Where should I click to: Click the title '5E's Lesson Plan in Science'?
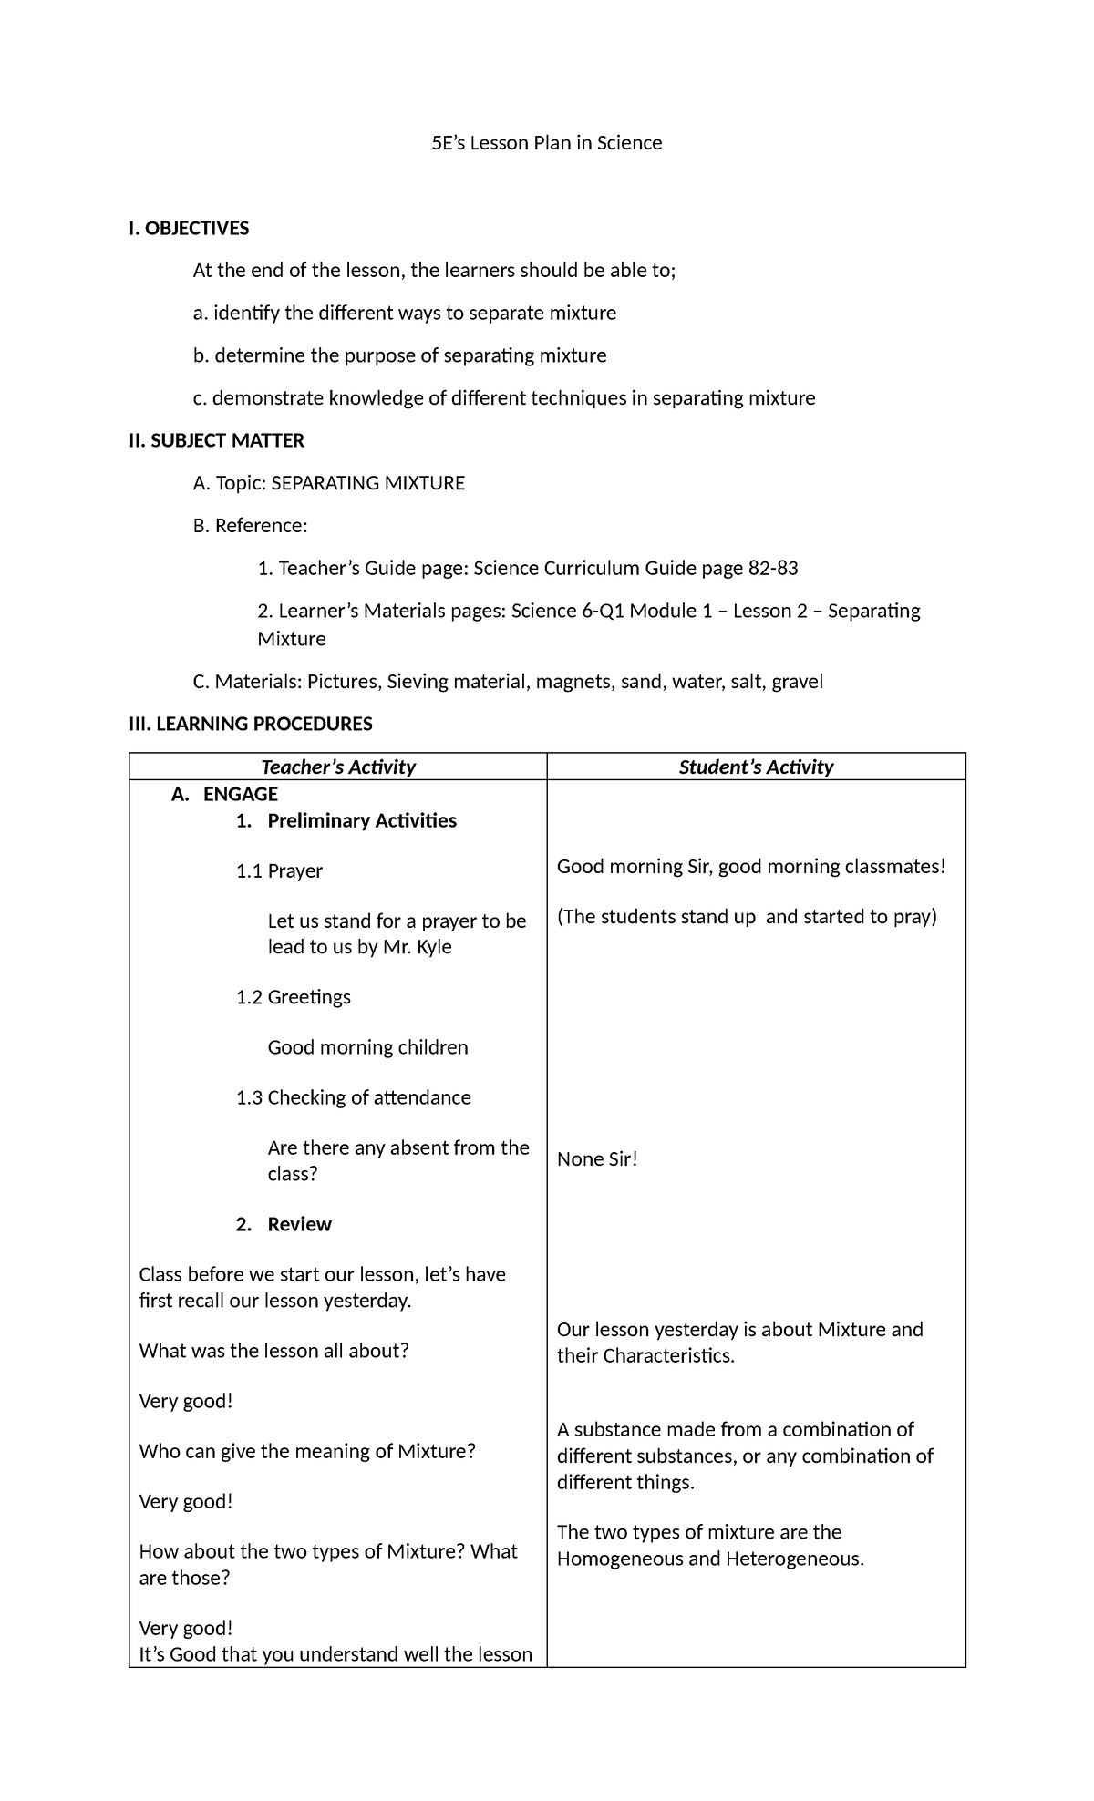[546, 143]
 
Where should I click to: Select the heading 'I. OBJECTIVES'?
[189, 229]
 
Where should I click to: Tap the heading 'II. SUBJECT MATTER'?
[216, 441]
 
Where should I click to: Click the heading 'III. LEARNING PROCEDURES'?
[251, 725]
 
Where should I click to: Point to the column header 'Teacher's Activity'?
[338, 767]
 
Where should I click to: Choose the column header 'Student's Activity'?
[756, 767]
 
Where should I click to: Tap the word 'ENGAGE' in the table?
[240, 794]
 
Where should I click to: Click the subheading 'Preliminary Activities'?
[362, 820]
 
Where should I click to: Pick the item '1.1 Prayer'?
[279, 870]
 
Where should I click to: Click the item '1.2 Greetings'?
[293, 997]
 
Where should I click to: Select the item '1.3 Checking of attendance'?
[353, 1097]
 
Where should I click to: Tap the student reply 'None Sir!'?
[597, 1159]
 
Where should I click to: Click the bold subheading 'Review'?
[299, 1224]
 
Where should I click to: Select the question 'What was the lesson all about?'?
[273, 1351]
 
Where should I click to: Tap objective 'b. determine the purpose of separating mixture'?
[399, 355]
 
